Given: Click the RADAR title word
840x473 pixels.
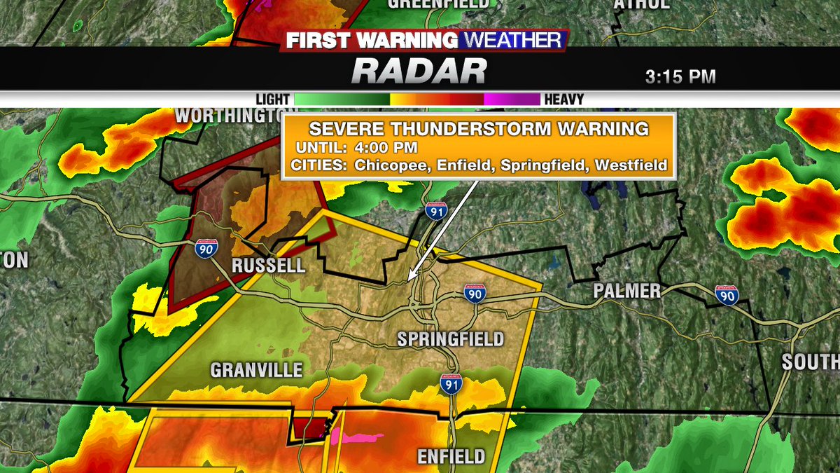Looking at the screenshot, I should click(x=419, y=71).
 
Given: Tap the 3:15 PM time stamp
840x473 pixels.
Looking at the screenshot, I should click(x=680, y=76).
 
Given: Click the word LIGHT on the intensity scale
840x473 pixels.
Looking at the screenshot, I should click(x=272, y=100).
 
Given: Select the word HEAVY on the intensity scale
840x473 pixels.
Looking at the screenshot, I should click(x=564, y=100).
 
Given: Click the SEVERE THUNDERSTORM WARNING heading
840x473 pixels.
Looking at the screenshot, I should click(x=479, y=130).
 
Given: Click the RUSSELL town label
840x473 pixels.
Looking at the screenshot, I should click(x=269, y=266).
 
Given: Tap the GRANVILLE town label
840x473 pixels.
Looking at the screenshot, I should click(x=256, y=369).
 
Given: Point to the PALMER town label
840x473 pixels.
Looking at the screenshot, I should click(x=626, y=291).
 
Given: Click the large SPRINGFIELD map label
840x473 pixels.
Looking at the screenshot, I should click(x=450, y=340).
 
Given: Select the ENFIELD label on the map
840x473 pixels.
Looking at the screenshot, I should click(x=451, y=457).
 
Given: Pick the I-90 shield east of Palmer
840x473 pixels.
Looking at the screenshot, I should click(x=727, y=295).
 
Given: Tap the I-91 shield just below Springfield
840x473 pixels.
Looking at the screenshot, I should click(x=451, y=383).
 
